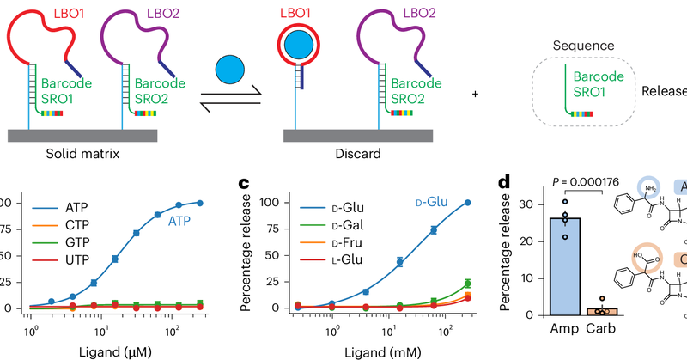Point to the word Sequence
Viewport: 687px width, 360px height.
[x=582, y=45]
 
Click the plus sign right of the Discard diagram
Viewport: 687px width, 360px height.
[x=476, y=95]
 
